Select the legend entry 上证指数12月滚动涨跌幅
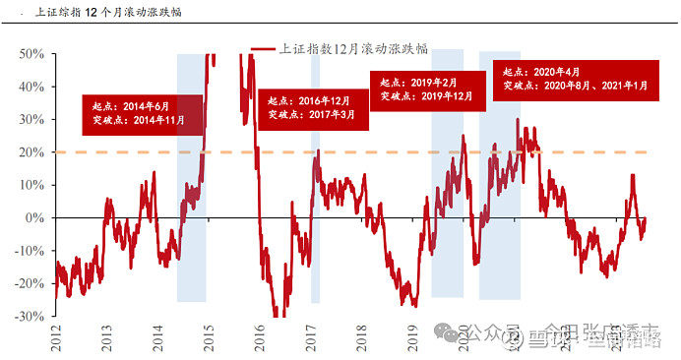340,48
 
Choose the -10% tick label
30,251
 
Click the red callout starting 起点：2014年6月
142,114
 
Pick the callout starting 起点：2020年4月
577,79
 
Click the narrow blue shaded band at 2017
316,246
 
